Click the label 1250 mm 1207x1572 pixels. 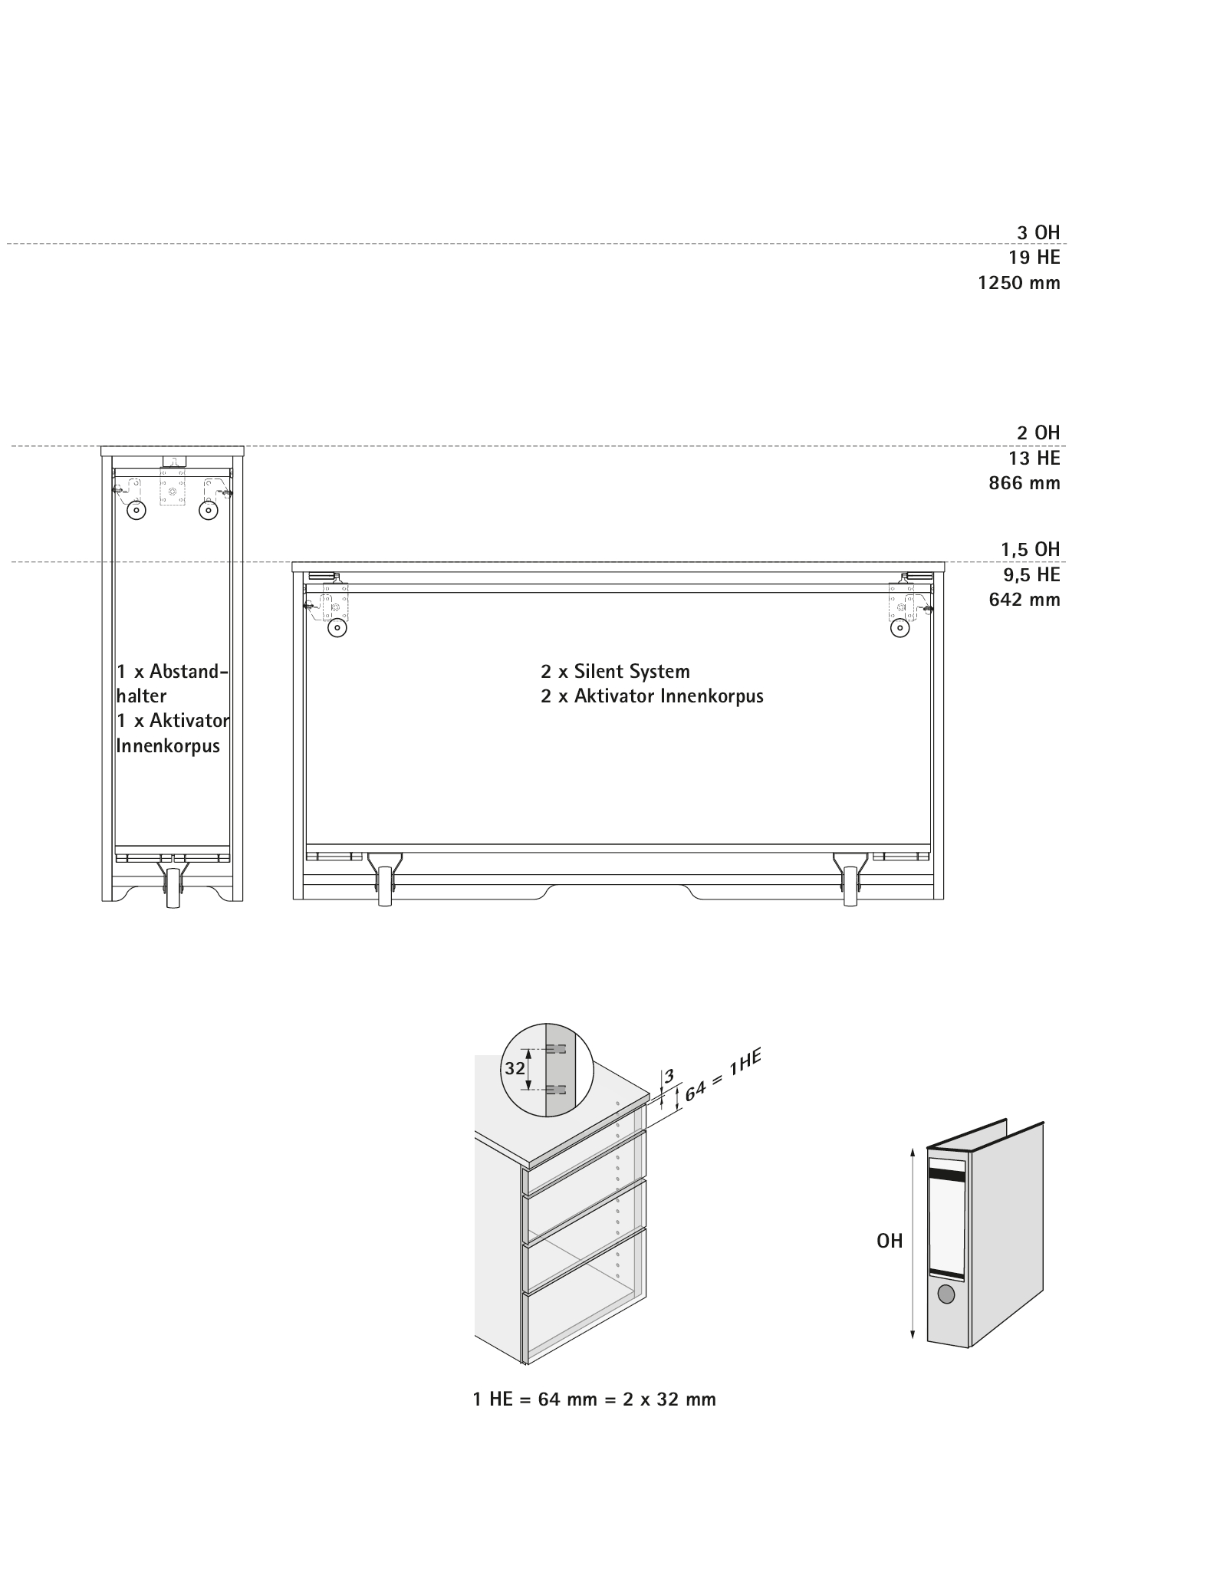click(1018, 283)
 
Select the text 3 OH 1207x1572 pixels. click(1038, 232)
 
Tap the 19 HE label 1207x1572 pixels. click(1034, 258)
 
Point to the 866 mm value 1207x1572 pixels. click(1024, 483)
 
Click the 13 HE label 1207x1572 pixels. click(1034, 458)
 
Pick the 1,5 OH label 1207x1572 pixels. click(1030, 549)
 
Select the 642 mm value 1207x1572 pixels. click(1024, 599)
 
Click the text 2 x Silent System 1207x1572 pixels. click(615, 672)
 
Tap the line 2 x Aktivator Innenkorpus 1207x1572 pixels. click(652, 696)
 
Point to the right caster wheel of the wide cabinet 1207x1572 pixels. click(850, 887)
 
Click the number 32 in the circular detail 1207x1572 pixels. click(515, 1067)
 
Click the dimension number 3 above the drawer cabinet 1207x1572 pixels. click(669, 1077)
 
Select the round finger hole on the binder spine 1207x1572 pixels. click(947, 1294)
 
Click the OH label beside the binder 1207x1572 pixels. click(890, 1241)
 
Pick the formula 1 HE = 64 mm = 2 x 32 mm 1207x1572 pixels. click(594, 1399)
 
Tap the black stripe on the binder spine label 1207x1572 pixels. click(947, 1172)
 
